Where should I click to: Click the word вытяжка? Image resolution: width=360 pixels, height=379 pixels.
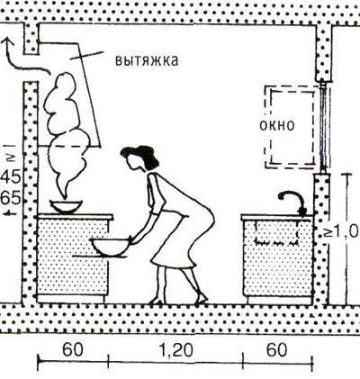(147, 60)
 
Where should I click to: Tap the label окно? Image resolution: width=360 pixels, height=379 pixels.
(277, 125)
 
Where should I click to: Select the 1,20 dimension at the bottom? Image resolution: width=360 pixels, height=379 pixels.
(175, 350)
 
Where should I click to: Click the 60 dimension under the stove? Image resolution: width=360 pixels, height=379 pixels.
(72, 350)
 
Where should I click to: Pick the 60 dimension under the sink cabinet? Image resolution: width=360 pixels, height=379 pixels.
(276, 350)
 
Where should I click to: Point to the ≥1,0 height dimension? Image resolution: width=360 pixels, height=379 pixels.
(342, 231)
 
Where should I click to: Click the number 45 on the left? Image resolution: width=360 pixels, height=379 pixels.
(12, 177)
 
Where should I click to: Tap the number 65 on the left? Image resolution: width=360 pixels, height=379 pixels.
(12, 198)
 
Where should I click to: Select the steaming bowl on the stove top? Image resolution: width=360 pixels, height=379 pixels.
(66, 207)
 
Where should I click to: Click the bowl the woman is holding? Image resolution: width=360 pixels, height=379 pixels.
(111, 247)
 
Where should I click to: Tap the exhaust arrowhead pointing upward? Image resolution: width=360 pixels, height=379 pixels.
(7, 42)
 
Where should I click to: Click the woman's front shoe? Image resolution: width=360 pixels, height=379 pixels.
(157, 300)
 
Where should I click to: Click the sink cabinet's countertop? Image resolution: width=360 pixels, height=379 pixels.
(276, 217)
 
